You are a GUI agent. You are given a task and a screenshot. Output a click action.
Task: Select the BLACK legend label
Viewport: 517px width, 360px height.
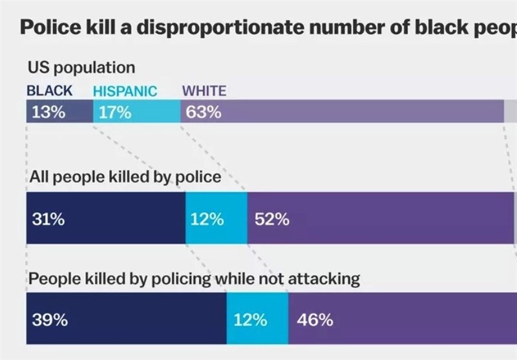[x=50, y=91]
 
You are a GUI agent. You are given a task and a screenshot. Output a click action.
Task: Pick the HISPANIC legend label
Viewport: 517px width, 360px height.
[x=125, y=91]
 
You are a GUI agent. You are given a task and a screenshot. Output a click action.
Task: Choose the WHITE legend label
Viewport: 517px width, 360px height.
[x=205, y=91]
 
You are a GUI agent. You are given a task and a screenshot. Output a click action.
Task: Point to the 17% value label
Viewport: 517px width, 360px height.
[x=116, y=112]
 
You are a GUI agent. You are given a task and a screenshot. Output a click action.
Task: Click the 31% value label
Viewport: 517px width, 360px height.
[x=48, y=219]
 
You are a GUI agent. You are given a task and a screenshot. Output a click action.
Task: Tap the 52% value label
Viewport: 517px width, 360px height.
[x=272, y=219]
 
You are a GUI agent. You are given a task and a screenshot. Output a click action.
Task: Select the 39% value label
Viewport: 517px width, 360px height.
[x=48, y=319]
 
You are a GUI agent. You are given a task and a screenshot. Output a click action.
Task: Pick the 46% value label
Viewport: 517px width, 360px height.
[x=315, y=319]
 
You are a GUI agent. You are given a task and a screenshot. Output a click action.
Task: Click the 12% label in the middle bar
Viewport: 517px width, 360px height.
[x=207, y=219]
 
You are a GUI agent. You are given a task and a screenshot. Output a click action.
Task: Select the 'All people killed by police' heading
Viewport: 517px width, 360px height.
[x=127, y=177]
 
